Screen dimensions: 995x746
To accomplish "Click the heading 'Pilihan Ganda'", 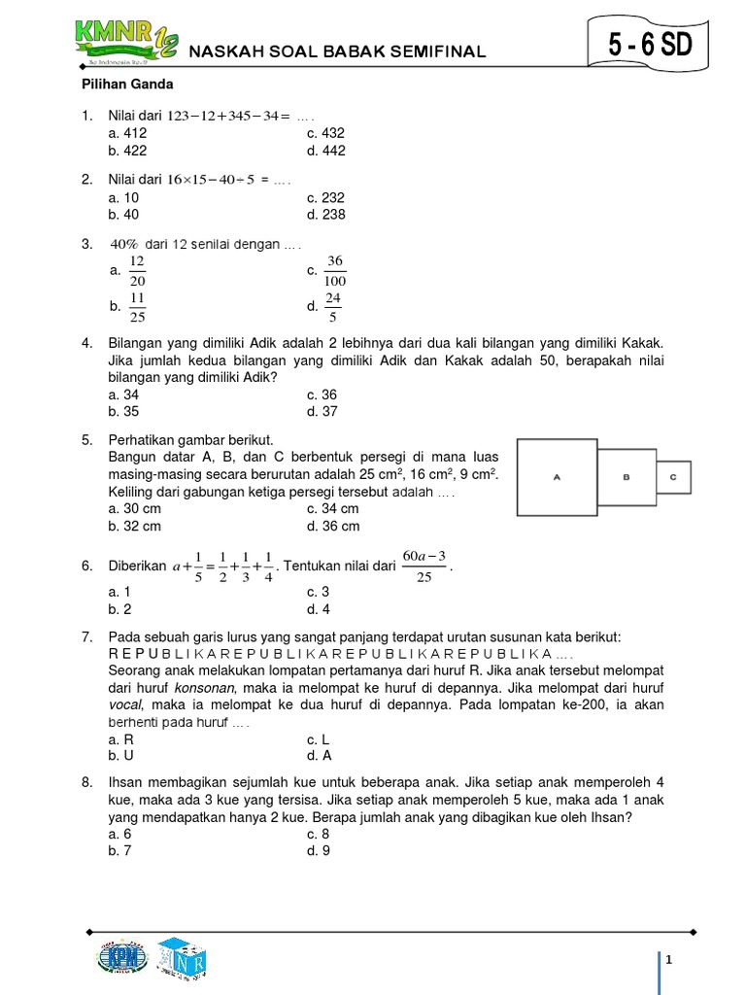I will [x=124, y=85].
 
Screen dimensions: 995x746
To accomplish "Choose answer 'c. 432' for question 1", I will [x=325, y=133].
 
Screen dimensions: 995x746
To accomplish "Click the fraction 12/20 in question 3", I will [x=137, y=271].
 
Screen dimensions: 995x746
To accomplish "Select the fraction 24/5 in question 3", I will [x=333, y=307].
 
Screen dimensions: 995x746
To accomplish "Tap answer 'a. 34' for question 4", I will [x=123, y=395].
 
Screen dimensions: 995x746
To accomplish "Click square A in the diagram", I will [x=557, y=477].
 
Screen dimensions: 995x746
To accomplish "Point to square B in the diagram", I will [x=627, y=477].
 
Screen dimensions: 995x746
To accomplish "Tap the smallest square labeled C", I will [x=674, y=477].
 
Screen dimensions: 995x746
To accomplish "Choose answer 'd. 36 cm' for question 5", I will [x=333, y=526].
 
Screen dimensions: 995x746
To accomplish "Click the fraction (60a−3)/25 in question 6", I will [x=424, y=565].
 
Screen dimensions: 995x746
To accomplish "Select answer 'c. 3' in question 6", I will [x=319, y=592].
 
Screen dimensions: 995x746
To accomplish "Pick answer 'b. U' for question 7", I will [x=121, y=755].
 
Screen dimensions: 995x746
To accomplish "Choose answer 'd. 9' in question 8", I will [x=319, y=850].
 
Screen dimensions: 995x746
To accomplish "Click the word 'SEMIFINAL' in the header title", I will [x=437, y=52].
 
